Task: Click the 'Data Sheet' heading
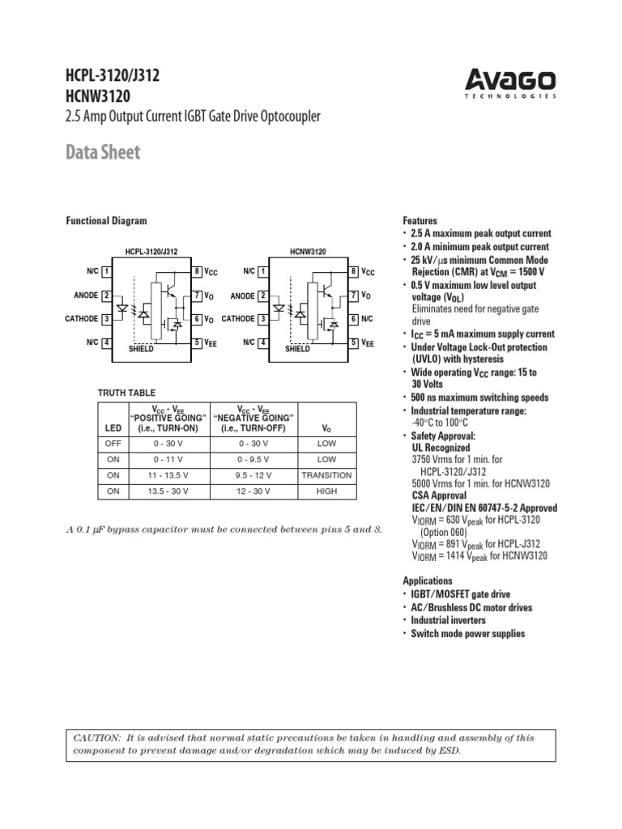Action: pos(103,152)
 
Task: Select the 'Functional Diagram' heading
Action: pos(106,221)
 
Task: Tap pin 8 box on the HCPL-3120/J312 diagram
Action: pos(197,271)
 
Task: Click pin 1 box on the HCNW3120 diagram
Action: pos(263,271)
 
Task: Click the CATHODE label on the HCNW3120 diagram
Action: pos(238,319)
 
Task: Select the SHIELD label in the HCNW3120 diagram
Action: pos(297,349)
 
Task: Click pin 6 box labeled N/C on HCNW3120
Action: pos(354,319)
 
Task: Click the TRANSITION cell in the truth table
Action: pos(326,475)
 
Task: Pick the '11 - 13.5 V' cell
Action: pos(169,475)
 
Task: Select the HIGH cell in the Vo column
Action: pos(326,491)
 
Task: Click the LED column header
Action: pos(113,427)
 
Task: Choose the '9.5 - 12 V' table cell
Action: pos(253,475)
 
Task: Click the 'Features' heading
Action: pos(420,221)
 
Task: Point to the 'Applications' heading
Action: pos(428,581)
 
